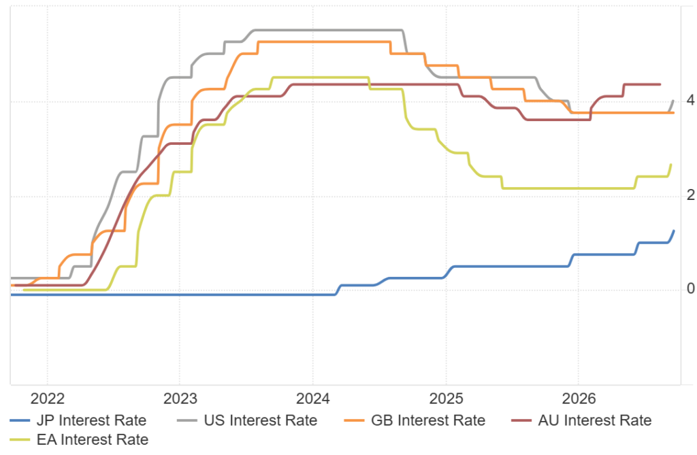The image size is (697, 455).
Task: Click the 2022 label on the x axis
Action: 47,399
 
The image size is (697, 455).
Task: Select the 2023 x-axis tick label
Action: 180,399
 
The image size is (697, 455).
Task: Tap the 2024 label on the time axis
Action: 313,399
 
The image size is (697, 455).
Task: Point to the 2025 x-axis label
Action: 446,399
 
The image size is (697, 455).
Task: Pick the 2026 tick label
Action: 579,399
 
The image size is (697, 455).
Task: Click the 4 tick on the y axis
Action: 690,100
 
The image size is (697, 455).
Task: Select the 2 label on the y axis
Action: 690,195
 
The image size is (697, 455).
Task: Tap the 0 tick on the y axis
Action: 690,289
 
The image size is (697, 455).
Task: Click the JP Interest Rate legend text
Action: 92,420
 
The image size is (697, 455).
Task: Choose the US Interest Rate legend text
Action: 261,420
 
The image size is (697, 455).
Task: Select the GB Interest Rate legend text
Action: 428,420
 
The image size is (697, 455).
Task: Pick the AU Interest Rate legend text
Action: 595,420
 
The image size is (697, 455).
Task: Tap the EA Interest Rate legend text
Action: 93,439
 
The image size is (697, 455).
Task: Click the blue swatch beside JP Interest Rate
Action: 20,420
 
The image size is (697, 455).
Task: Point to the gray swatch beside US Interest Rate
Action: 187,420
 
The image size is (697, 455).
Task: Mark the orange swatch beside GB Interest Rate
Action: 354,420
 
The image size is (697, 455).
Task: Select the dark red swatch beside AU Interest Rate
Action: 521,420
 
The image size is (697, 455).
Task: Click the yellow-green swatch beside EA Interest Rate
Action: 20,439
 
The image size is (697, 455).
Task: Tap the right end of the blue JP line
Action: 674,231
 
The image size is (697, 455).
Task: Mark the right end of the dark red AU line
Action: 660,84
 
